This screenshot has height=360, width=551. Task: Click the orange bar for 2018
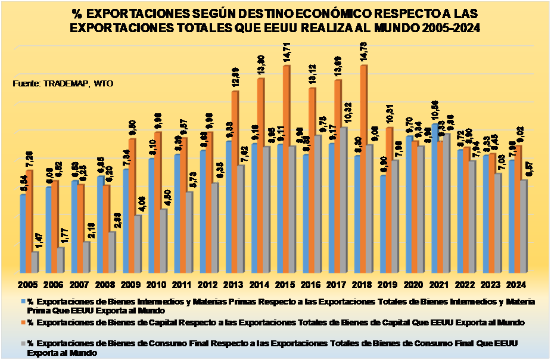point(363,170)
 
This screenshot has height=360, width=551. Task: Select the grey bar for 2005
point(35,262)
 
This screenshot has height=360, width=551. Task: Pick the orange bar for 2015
point(286,170)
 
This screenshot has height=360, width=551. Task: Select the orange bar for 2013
point(235,182)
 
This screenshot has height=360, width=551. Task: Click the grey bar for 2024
point(523,227)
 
